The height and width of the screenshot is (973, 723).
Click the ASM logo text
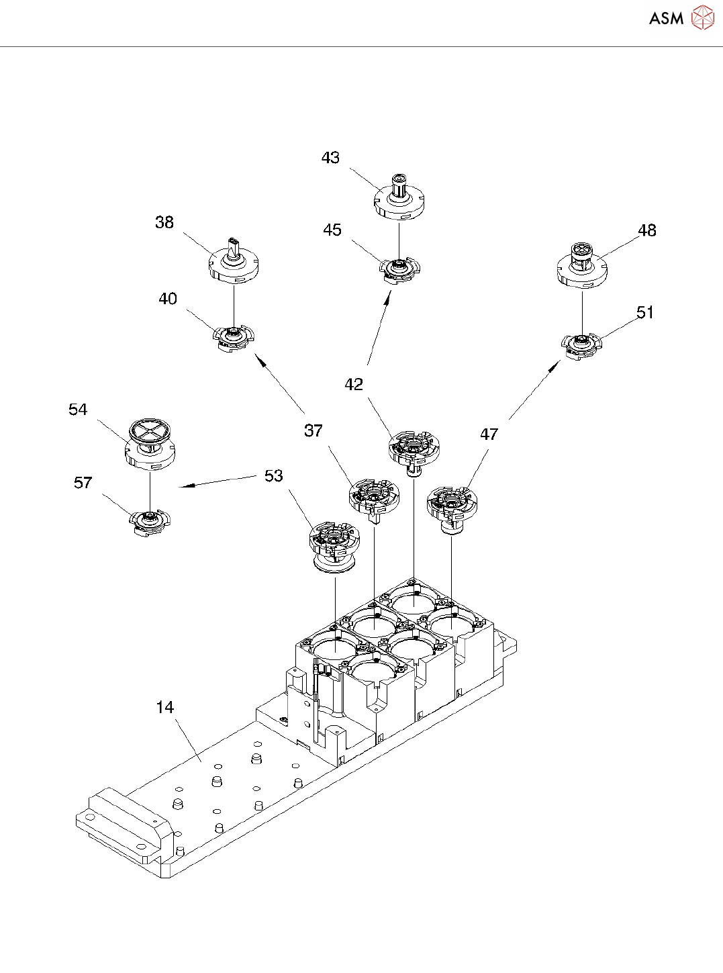point(666,18)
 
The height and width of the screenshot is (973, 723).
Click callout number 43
point(330,158)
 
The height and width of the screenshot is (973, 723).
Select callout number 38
point(164,222)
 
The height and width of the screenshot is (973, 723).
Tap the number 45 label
point(332,230)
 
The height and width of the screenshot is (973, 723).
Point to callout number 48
point(646,230)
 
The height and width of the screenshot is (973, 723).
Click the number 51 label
point(645,312)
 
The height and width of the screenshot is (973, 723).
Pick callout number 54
point(78,410)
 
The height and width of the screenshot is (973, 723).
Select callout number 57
point(83,483)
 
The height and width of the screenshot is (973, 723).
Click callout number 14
point(164,707)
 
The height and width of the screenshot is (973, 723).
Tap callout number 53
point(273,476)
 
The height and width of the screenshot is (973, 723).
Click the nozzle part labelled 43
point(399,198)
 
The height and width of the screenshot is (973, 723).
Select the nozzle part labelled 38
point(234,261)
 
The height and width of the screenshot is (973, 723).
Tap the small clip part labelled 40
point(234,336)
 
